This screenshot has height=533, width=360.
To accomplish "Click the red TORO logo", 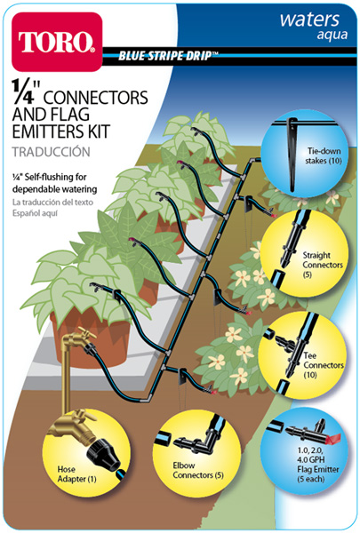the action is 57,42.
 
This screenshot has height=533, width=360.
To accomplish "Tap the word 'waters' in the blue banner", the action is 309,20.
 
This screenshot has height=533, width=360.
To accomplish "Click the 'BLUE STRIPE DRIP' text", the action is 165,55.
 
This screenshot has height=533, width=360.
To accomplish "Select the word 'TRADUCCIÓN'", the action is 52,152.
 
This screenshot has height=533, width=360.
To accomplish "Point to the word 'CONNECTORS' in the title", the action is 96,97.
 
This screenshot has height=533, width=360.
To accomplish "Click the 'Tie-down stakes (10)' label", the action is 323,155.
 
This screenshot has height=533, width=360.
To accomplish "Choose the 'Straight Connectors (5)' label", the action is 323,265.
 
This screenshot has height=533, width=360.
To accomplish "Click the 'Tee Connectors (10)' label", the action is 324,365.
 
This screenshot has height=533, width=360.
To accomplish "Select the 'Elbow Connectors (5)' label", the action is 198,470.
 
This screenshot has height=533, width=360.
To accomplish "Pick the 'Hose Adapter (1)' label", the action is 76,474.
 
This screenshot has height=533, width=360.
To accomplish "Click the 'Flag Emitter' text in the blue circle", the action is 318,469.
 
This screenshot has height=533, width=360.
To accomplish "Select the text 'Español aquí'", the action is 35,213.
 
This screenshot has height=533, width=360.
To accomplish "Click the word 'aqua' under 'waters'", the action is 332,35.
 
